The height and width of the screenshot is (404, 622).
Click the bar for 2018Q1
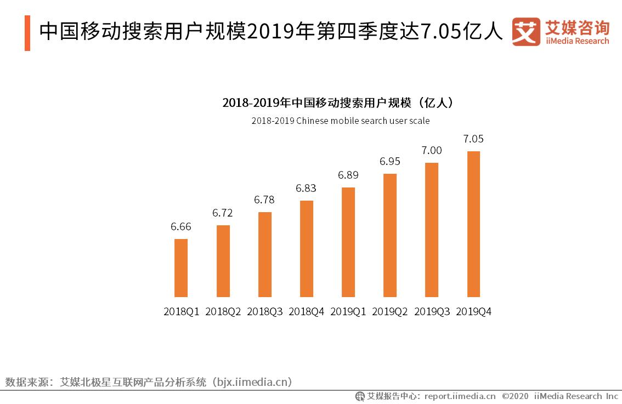[x=181, y=268]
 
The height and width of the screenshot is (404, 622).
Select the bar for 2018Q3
[x=264, y=254]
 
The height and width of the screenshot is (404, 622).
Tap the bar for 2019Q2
[x=390, y=235]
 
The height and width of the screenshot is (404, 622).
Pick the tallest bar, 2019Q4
[x=473, y=224]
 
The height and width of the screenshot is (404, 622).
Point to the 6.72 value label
[x=223, y=213]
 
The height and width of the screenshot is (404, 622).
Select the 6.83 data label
[x=306, y=188]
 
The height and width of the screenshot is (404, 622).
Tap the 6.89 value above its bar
[x=348, y=175]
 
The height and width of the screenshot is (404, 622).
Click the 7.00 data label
[x=432, y=150]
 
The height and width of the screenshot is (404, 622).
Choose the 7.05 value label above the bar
[x=473, y=139]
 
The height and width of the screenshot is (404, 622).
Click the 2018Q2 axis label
[x=223, y=312]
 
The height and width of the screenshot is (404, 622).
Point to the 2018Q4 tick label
[x=306, y=312]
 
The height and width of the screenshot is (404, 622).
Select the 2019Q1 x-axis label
[x=348, y=312]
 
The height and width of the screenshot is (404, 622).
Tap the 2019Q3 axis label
[x=432, y=312]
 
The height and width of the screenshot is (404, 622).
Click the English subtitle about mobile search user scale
[x=340, y=121]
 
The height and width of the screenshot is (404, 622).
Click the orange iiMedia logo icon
[x=526, y=32]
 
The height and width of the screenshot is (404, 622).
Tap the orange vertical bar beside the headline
[x=27, y=33]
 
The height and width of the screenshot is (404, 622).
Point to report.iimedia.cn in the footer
[x=460, y=396]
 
